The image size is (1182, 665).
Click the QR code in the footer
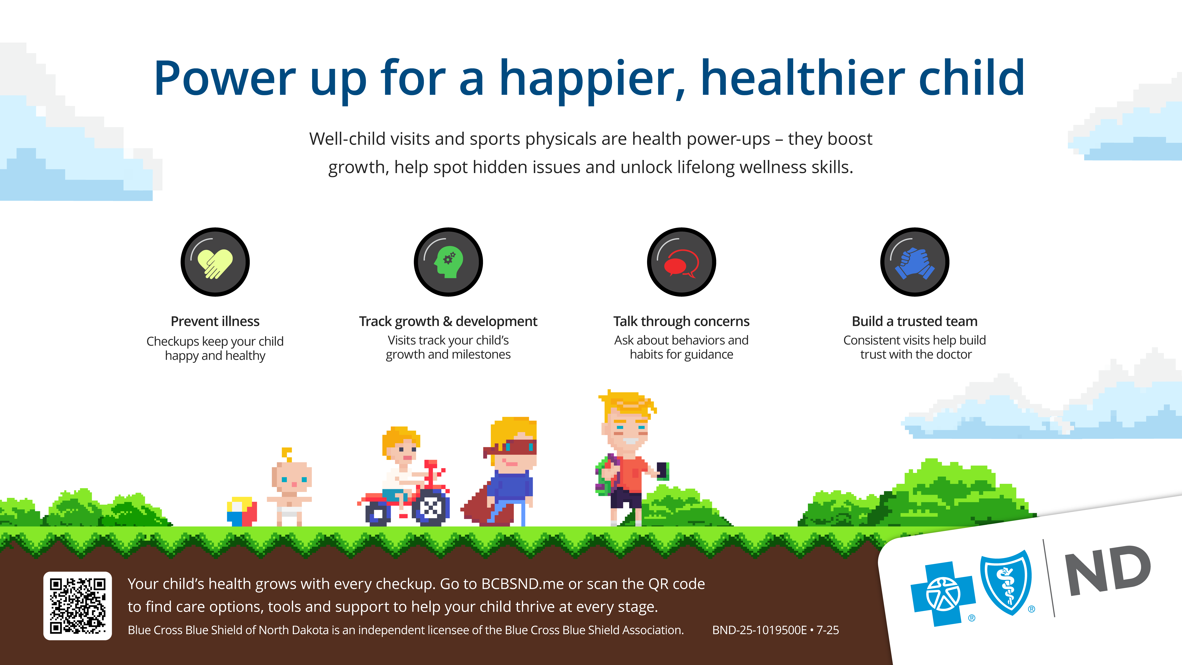click(78, 606)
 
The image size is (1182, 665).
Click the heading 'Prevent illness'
click(215, 321)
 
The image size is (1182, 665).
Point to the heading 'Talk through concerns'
click(681, 321)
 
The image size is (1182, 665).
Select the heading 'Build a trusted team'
click(914, 321)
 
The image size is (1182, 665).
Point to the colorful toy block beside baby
click(242, 511)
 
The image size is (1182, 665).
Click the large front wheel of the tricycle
click(431, 508)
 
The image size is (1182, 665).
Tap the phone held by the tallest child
click(662, 470)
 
